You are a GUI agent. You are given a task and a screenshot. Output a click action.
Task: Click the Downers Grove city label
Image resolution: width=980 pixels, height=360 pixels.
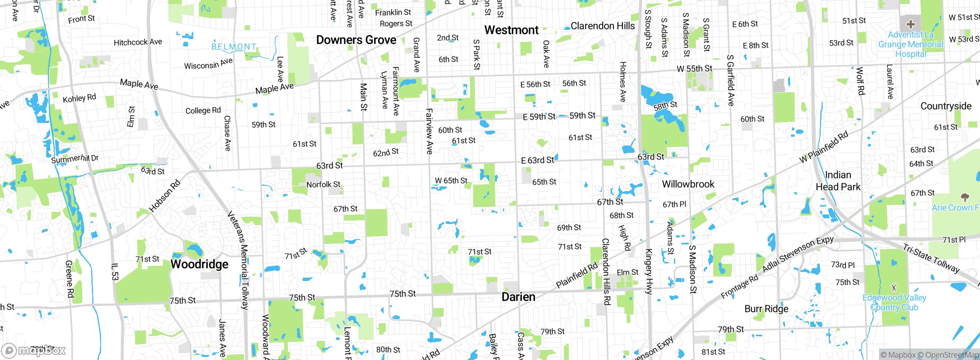click(356, 40)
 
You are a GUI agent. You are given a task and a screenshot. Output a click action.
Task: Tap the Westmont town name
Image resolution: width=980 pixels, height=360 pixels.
click(511, 30)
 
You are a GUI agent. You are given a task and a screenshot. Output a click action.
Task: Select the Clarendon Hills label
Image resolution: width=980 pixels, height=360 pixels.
click(603, 26)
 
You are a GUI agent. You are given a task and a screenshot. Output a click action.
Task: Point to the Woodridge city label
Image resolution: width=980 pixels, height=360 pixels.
click(199, 264)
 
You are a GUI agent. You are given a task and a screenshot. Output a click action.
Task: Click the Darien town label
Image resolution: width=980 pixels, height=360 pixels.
click(518, 297)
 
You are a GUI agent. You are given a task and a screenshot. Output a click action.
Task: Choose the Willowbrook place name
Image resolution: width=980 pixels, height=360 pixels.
click(688, 184)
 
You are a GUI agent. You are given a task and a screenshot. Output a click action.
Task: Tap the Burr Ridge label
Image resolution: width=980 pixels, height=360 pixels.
click(766, 309)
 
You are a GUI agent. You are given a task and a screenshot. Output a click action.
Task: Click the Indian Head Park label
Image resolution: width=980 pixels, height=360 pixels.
click(838, 181)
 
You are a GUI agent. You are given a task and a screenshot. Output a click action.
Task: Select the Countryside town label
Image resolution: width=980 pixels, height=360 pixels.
click(946, 106)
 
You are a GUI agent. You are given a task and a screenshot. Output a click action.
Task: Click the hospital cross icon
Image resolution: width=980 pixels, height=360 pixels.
click(911, 25)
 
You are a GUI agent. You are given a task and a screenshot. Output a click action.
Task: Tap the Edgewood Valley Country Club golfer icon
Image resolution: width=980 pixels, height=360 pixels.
click(894, 287)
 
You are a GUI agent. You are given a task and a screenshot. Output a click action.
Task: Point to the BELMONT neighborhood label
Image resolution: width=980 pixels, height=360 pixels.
click(234, 47)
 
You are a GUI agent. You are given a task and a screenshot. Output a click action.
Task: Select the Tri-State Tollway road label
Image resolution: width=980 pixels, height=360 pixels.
click(931, 259)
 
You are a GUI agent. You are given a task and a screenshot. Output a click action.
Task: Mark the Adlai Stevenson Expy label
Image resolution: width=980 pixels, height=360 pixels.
click(798, 255)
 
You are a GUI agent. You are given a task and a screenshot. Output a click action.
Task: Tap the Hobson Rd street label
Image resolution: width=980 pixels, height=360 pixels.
click(165, 196)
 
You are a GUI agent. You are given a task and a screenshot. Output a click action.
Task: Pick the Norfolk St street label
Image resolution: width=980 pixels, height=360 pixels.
click(323, 185)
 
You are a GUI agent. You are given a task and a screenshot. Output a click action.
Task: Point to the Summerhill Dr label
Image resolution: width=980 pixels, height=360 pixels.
click(75, 159)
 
